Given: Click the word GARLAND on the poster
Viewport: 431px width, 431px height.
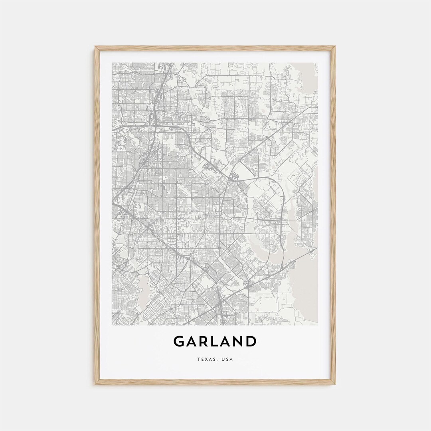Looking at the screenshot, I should click(x=215, y=342).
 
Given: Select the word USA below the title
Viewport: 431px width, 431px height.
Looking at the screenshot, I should click(x=227, y=360).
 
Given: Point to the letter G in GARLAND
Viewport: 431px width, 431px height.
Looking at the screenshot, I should click(x=178, y=342).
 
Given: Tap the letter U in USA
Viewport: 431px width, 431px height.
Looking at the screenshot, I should click(x=223, y=360).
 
